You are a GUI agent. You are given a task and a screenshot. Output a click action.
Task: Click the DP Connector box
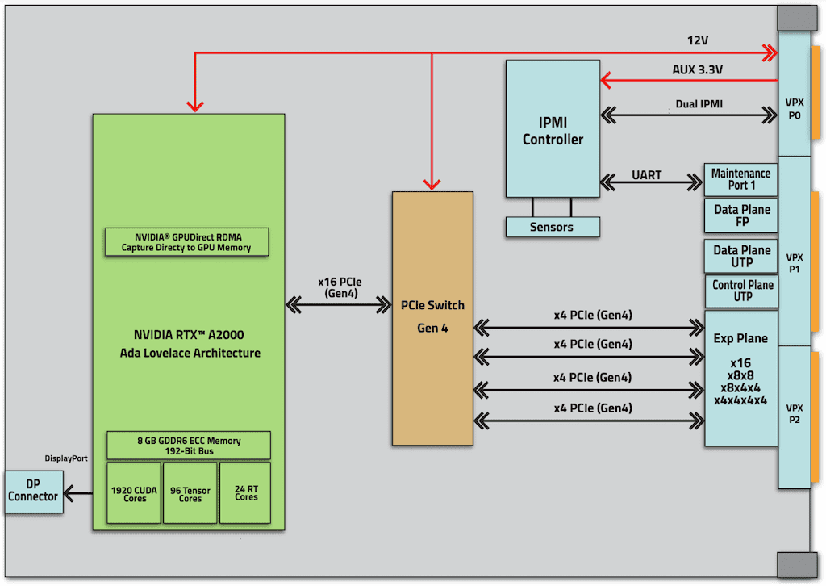[x=33, y=491]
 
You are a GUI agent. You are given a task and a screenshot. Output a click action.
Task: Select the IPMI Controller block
[x=553, y=129]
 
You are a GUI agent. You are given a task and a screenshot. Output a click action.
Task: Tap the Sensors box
[x=552, y=227]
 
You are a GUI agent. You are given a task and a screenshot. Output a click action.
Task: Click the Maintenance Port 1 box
[x=740, y=180]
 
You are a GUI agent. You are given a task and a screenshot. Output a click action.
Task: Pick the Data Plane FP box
[x=741, y=216]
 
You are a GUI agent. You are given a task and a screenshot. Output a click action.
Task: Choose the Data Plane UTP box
[x=741, y=256]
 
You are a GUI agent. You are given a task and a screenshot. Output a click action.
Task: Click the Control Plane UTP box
[x=741, y=291]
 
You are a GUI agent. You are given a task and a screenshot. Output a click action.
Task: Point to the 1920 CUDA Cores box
[x=135, y=493]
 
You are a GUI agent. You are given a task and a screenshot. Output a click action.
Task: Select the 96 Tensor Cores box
[x=190, y=493]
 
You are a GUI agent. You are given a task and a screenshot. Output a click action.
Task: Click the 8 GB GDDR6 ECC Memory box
[x=189, y=446]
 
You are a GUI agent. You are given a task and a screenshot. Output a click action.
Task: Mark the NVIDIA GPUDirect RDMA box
[x=186, y=241]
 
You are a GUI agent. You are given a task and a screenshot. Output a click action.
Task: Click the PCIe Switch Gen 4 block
[x=432, y=316]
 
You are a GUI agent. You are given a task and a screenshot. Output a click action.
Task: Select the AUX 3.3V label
[x=697, y=69]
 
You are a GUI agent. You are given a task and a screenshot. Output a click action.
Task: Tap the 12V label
[x=697, y=40]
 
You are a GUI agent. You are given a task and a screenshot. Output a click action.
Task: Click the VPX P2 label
[x=794, y=413]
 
